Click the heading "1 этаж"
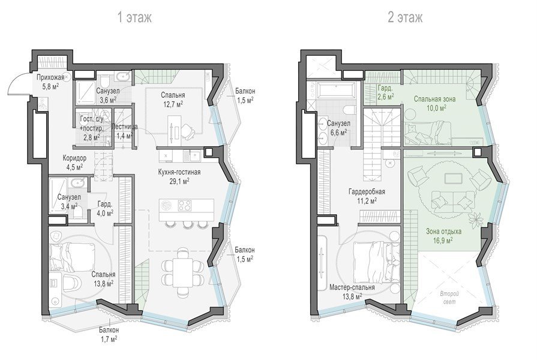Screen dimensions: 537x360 pyautogui.click(x=134, y=17)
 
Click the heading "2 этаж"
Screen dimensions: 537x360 pyautogui.click(x=405, y=17)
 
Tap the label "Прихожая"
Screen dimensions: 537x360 pyautogui.click(x=50, y=77)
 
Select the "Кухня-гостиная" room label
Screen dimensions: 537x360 pyautogui.click(x=179, y=172)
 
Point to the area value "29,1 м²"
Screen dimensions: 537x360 pyautogui.click(x=179, y=182)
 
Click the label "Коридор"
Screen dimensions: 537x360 pyautogui.click(x=74, y=158)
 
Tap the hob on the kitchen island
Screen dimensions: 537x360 pyautogui.click(x=185, y=205)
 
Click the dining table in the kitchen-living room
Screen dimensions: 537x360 pyautogui.click(x=183, y=272)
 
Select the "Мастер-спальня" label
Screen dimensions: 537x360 pyautogui.click(x=352, y=287)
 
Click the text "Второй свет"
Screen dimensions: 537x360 pyautogui.click(x=449, y=298)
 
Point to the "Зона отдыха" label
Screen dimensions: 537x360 pyautogui.click(x=443, y=231)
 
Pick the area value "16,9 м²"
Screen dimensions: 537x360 pyautogui.click(x=443, y=240)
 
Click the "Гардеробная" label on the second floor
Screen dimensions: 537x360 pyautogui.click(x=367, y=192)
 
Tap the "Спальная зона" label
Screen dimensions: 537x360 pyautogui.click(x=434, y=99)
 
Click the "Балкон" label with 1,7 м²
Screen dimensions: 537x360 pyautogui.click(x=109, y=330)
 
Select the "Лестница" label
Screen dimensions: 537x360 pyautogui.click(x=125, y=127)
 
